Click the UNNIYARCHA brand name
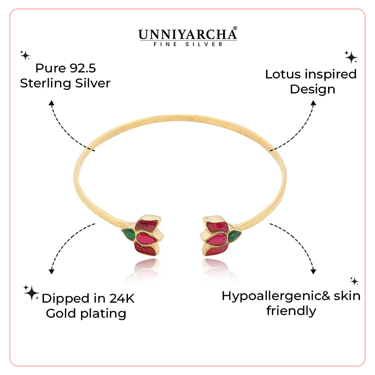click(187, 34)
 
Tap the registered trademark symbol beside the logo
click(235, 28)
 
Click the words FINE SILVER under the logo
click(187, 44)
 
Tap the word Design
click(312, 89)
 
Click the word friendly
click(291, 311)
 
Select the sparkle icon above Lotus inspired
click(351, 57)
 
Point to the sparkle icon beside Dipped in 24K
click(31, 292)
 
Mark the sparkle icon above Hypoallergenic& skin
click(354, 281)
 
